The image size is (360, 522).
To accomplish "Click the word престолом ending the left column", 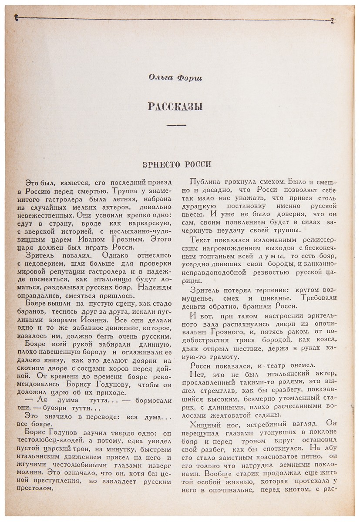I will [x=43, y=488].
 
